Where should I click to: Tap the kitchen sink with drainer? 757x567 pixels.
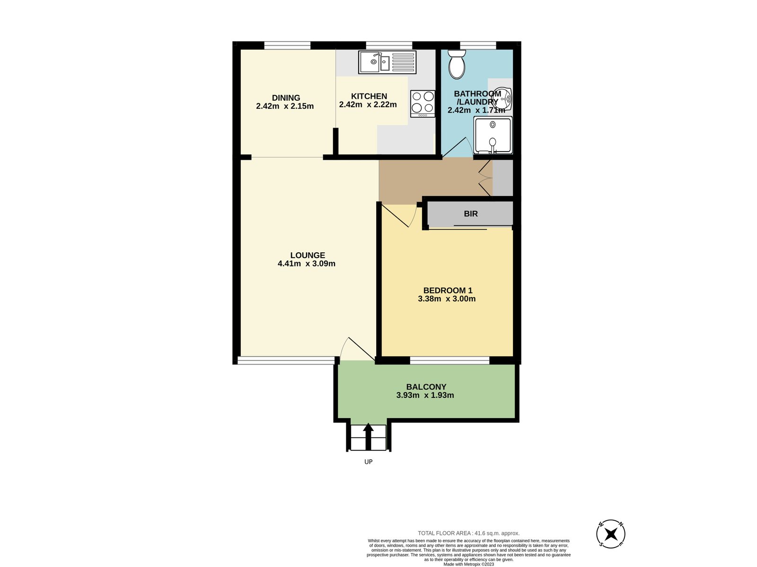(x=387, y=62)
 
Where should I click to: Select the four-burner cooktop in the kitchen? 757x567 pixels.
(x=423, y=103)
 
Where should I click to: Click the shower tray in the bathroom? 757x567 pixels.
(x=493, y=135)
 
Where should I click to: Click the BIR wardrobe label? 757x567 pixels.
(x=470, y=214)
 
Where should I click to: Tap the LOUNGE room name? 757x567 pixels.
(x=308, y=255)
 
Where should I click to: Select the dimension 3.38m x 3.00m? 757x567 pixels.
(x=447, y=299)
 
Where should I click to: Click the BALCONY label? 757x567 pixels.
(x=426, y=387)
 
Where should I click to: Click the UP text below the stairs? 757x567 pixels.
(x=368, y=462)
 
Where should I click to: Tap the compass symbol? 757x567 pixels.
(x=611, y=534)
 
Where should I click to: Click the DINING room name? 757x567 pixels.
(x=286, y=98)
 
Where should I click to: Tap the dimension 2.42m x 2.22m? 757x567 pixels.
(x=368, y=105)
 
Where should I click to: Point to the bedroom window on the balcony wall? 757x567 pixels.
(x=449, y=361)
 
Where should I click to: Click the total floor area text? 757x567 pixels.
(x=468, y=533)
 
